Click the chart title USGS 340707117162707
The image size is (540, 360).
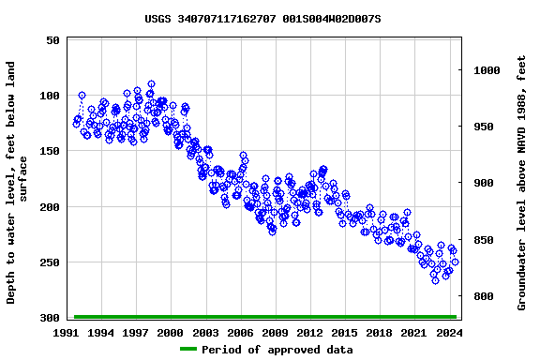tap(262, 19)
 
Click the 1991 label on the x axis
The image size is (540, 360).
tap(67, 333)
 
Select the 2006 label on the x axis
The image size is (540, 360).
tap(240, 333)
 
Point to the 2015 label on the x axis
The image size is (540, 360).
tap(344, 333)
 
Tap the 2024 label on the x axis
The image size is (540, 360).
tap(448, 333)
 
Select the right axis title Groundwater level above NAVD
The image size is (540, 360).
tap(521, 183)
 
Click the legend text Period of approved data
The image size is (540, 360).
tap(277, 350)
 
